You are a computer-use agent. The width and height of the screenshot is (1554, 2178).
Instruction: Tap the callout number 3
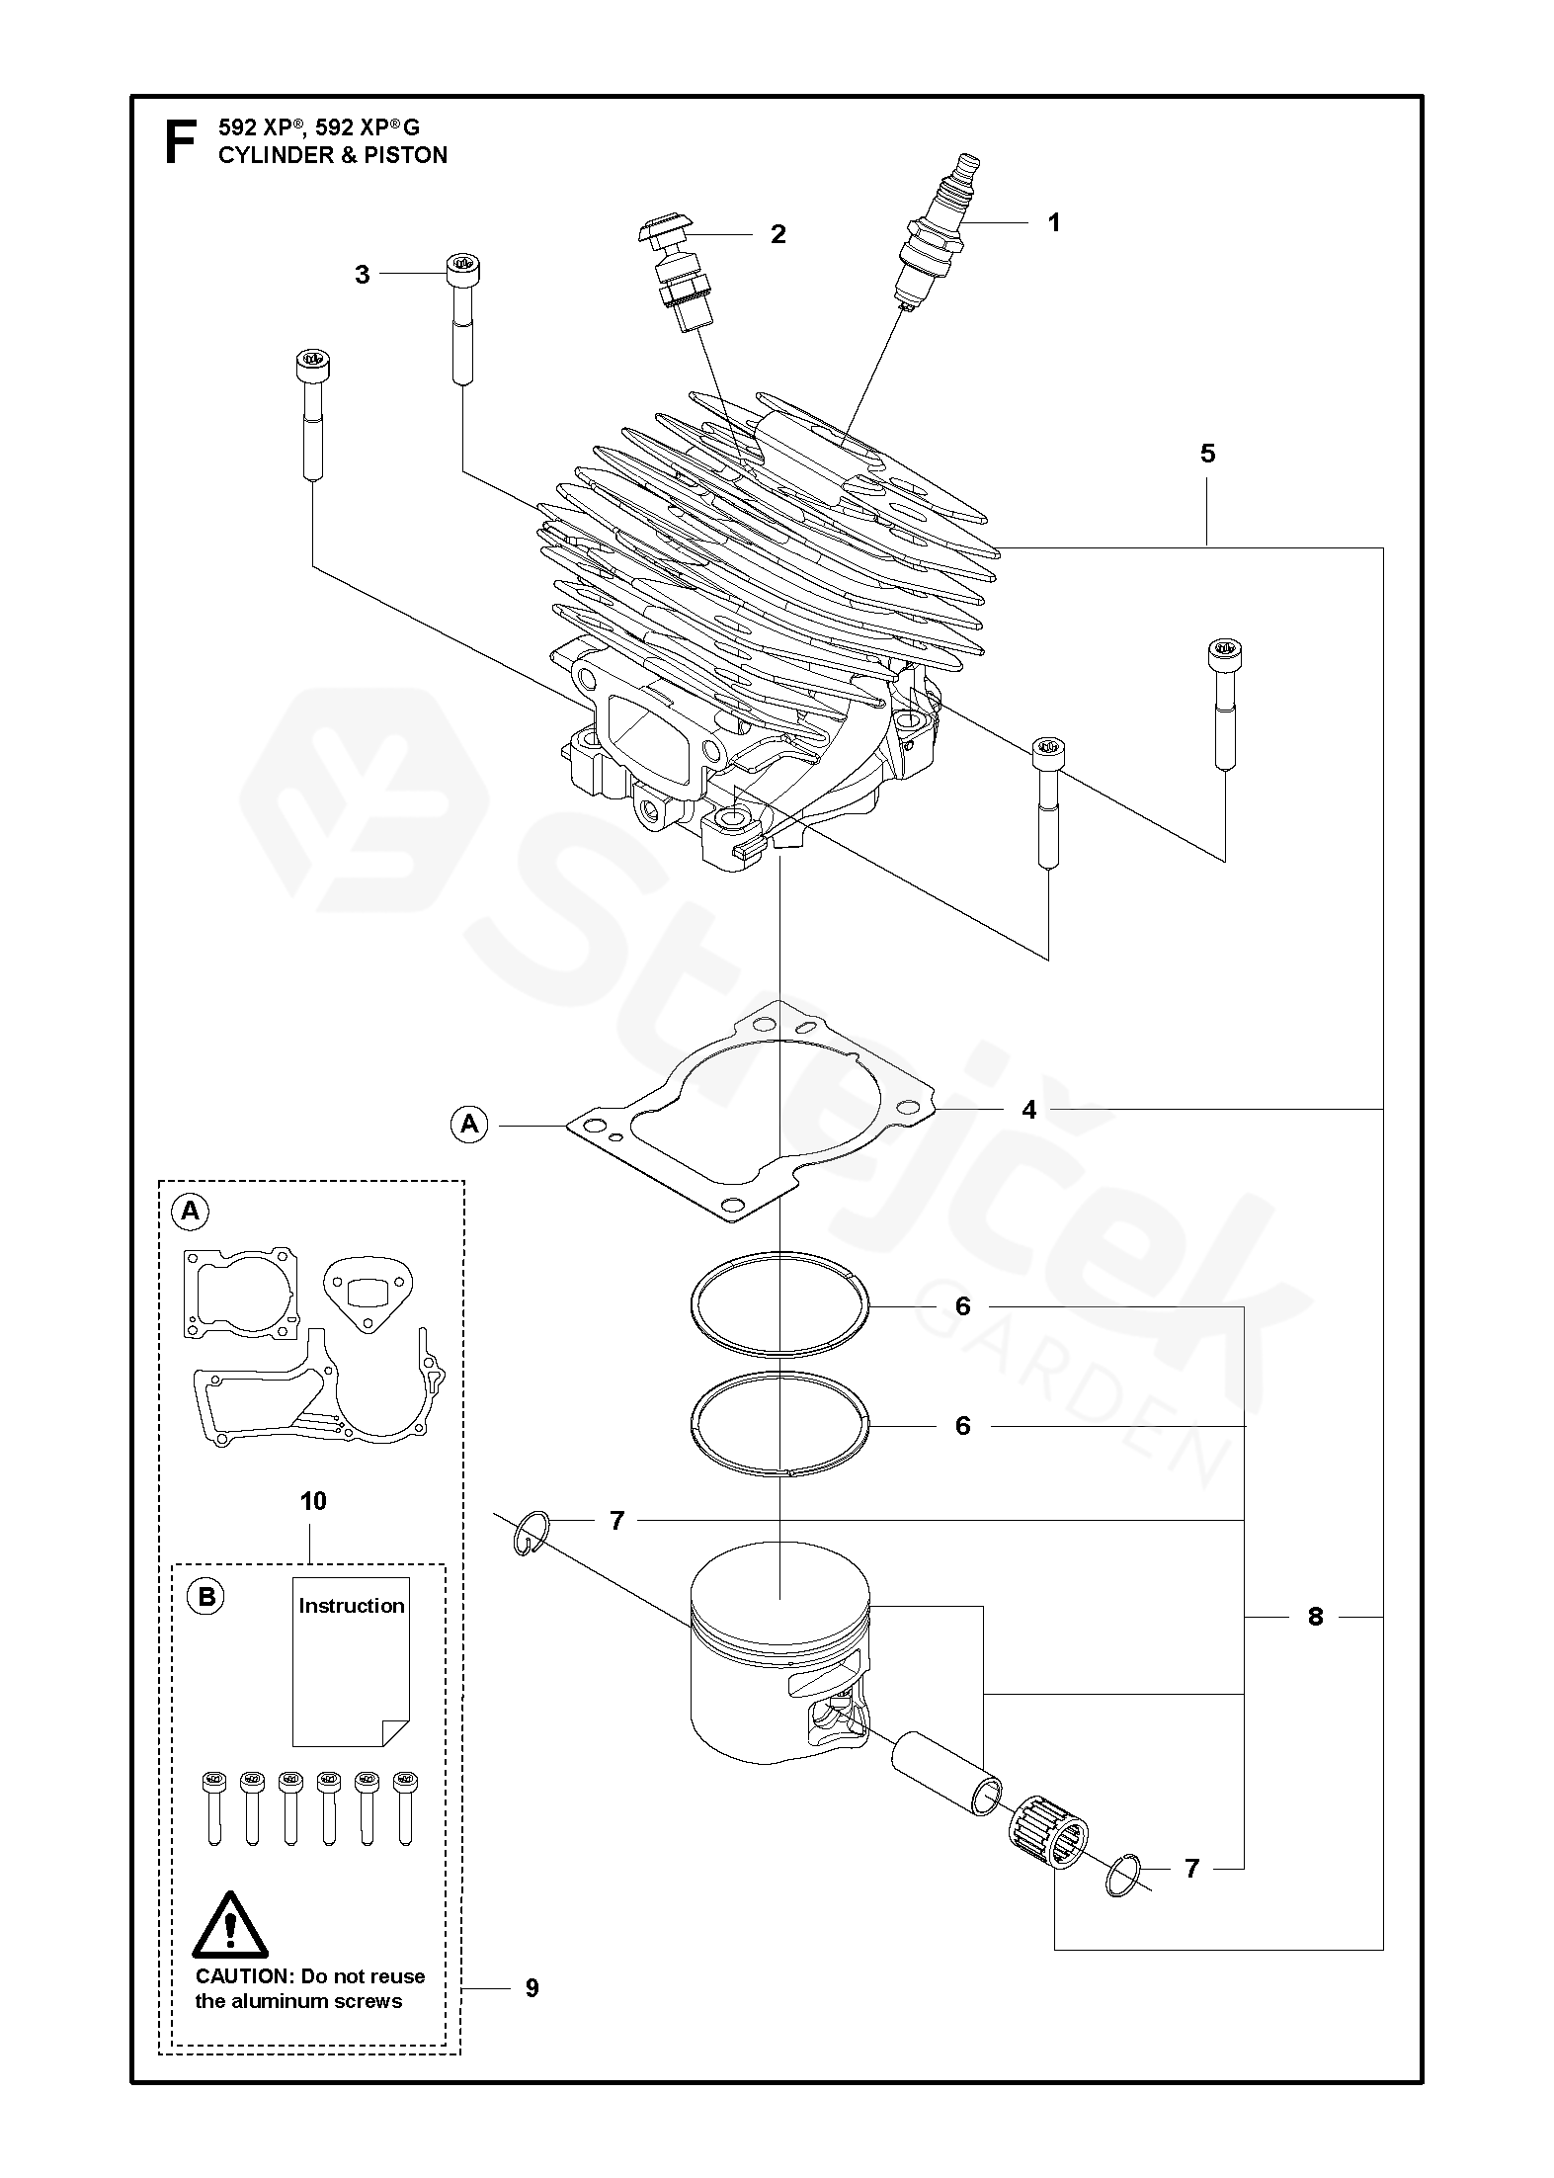click(x=363, y=275)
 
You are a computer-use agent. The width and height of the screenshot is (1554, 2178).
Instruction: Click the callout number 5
click(x=1207, y=454)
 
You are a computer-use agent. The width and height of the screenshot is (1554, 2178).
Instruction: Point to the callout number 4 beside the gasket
click(x=1029, y=1110)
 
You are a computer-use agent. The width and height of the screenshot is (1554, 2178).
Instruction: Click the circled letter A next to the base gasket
click(x=469, y=1124)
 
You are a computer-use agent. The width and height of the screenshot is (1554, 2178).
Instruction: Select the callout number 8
click(x=1315, y=1617)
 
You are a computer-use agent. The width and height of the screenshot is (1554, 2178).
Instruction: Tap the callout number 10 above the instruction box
click(x=312, y=1501)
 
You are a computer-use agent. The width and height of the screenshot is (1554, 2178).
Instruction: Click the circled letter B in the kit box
click(x=205, y=1598)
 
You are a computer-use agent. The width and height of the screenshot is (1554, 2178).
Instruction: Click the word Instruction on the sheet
click(x=352, y=1606)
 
